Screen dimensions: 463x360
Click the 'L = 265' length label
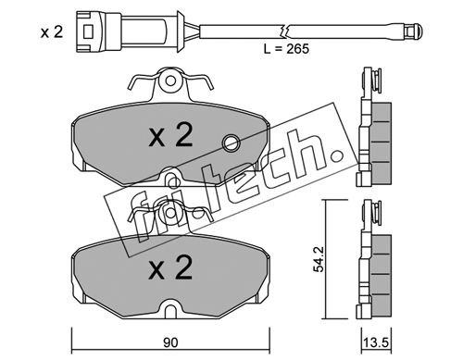pyautogui.click(x=286, y=49)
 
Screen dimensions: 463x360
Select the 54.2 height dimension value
pyautogui.click(x=319, y=259)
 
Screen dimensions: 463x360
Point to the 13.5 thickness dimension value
pyautogui.click(x=377, y=343)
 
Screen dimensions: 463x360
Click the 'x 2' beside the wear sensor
pyautogui.click(x=52, y=32)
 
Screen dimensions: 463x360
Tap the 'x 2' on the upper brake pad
pyautogui.click(x=170, y=135)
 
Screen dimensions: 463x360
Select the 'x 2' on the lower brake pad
pyautogui.click(x=170, y=267)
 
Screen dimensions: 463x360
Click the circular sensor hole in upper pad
pyautogui.click(x=231, y=143)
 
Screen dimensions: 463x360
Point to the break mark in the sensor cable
pyautogui.click(x=284, y=31)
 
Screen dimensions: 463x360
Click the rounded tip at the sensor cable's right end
pyautogui.click(x=419, y=31)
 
